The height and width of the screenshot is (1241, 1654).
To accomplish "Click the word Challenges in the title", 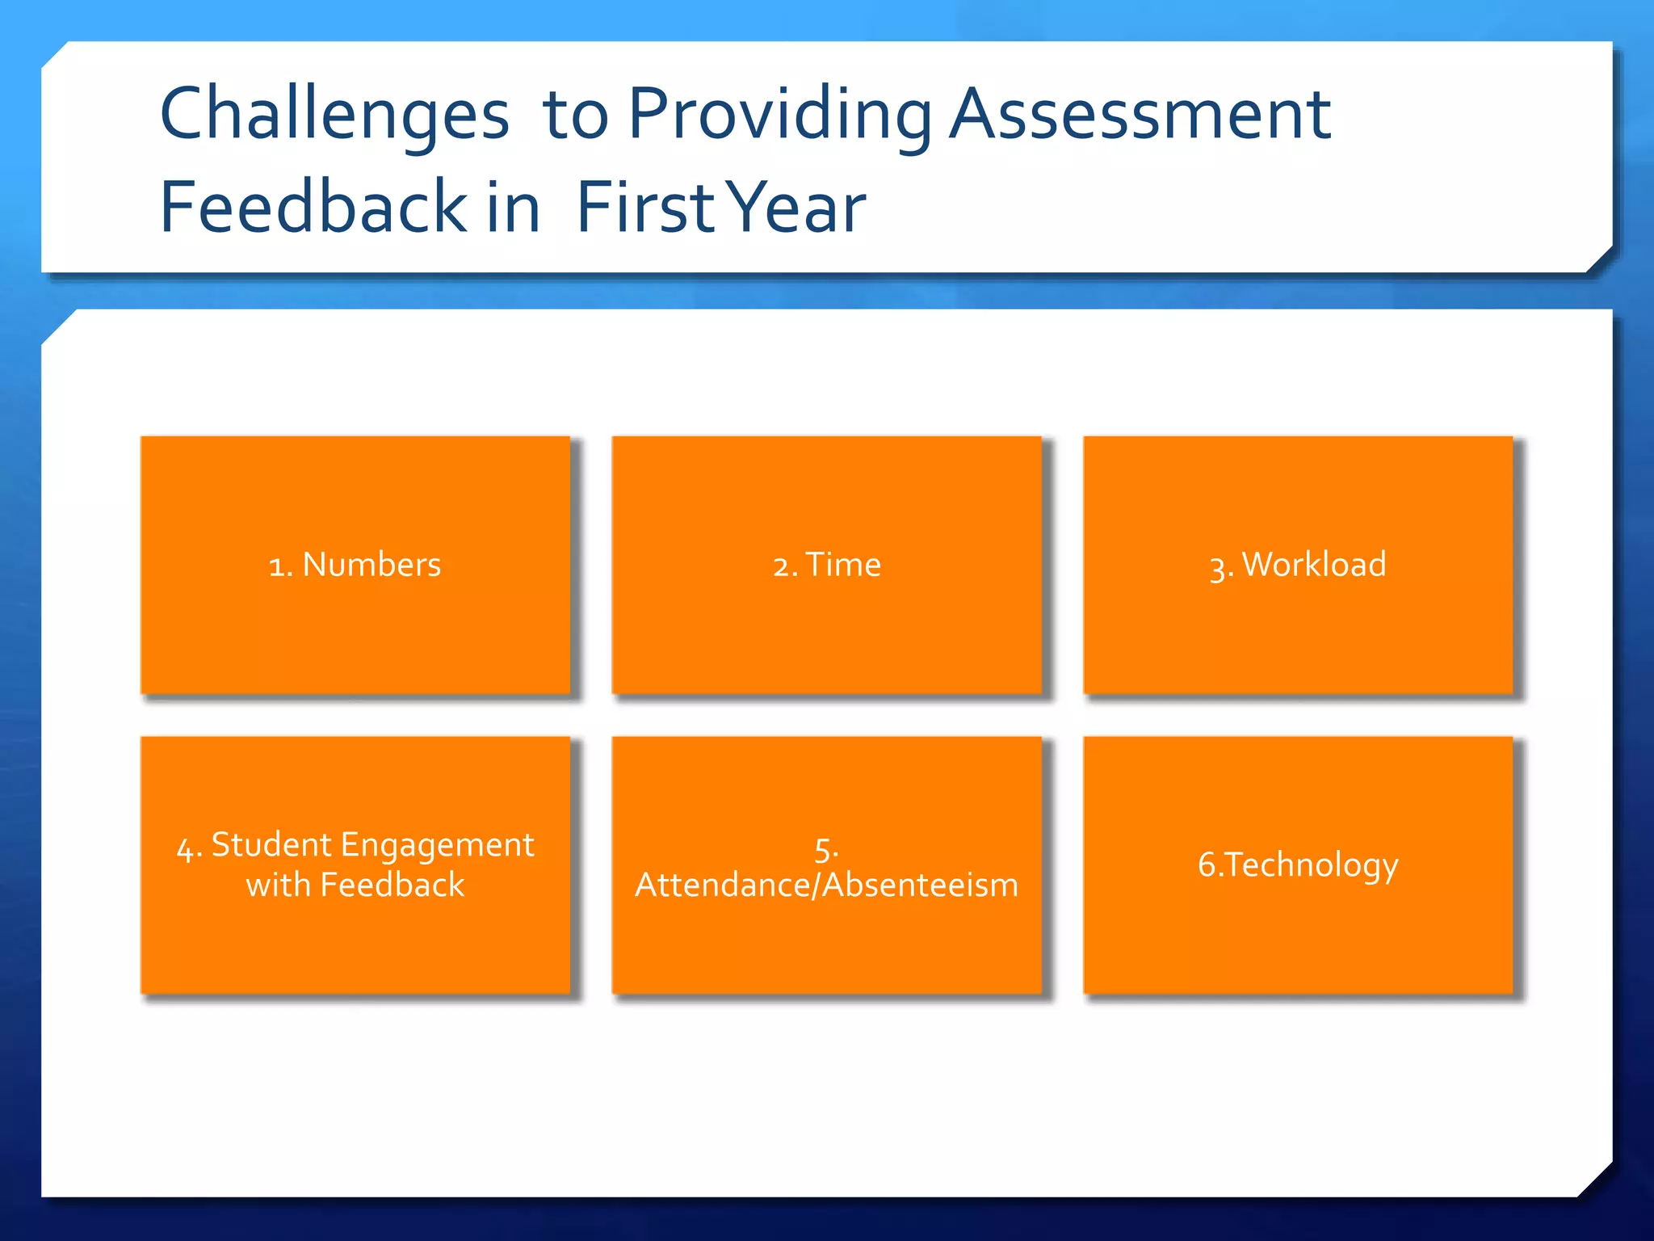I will pos(334,115).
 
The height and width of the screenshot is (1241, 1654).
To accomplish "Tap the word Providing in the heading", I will pos(779,115).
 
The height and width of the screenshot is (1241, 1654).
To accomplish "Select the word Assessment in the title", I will pos(1139,115).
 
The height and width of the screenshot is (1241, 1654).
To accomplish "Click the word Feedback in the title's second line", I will pos(313,208).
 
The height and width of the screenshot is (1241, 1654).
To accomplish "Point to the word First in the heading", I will pos(646,208).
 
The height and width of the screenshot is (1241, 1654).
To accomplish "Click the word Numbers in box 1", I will pos(372,565).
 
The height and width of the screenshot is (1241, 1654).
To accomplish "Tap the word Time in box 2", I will pos(843,565).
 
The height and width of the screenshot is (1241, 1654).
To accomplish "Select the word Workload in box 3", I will pos(1313,565).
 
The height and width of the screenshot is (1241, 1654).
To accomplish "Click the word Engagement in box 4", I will pos(437,845).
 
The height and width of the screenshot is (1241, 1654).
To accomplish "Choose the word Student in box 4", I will pos(271,845).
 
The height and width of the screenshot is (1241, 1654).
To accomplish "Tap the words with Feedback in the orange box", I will pos(355,886).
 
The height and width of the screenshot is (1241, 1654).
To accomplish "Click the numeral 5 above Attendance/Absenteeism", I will pos(823,849).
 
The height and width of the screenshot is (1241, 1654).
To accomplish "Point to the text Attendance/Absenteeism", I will pos(826,886).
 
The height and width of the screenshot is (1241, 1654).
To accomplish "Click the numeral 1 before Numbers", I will pos(275,566).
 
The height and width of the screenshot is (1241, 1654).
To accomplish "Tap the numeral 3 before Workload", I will pos(1217,567).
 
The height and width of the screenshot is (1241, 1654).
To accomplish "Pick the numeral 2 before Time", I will pos(780,566).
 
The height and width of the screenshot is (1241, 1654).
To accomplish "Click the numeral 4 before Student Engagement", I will pos(185,848).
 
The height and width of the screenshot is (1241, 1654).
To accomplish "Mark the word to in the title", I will pos(575,115).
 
